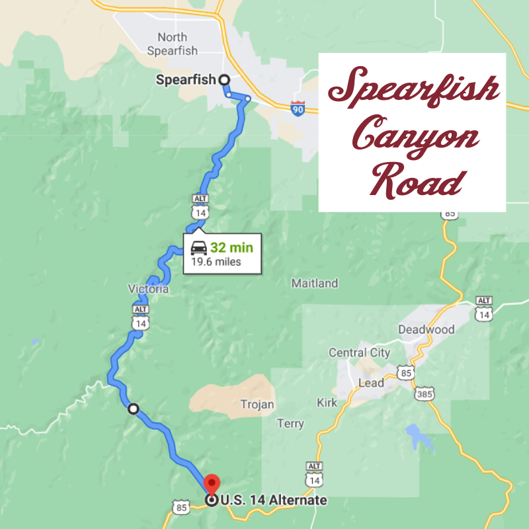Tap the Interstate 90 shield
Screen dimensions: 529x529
298,108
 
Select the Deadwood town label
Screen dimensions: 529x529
427,329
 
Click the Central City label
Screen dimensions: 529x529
359,352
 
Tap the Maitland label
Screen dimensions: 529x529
315,284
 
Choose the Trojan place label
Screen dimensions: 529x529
257,404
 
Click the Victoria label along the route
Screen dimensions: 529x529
149,289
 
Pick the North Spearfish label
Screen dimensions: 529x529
173,44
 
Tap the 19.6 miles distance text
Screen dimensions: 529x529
216,262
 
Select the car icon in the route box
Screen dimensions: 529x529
198,249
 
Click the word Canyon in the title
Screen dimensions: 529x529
415,134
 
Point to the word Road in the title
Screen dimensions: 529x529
416,179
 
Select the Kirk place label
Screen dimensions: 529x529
327,403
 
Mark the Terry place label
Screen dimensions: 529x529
290,424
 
